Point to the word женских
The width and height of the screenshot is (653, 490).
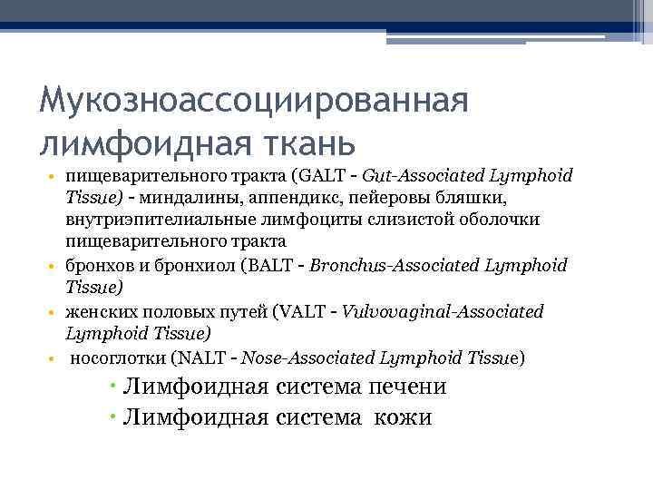(x=99, y=311)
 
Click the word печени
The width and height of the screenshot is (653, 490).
(x=405, y=387)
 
